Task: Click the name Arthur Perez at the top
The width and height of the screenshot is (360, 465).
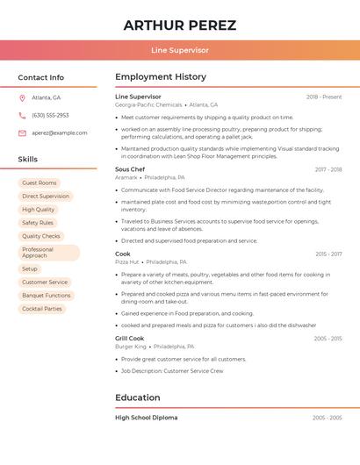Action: [179, 25]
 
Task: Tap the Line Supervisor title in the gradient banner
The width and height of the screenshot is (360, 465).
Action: [179, 50]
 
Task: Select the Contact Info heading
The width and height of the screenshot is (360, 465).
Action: [41, 77]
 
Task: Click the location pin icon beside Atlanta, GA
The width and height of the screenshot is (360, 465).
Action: [22, 97]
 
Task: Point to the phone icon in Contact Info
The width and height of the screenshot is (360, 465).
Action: [22, 115]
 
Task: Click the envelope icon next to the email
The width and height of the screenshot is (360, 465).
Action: [22, 132]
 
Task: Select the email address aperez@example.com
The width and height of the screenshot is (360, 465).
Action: [60, 132]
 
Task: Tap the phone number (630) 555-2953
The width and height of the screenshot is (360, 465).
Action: [50, 115]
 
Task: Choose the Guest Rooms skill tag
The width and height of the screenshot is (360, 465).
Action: [40, 183]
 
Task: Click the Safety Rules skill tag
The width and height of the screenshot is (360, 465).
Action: [38, 223]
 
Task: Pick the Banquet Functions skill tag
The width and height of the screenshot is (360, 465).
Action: [47, 296]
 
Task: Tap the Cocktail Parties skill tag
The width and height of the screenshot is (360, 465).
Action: [42, 309]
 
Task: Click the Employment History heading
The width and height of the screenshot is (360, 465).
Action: [161, 77]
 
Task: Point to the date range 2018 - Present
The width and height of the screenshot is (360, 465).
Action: [324, 97]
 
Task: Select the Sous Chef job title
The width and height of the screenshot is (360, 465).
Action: [130, 169]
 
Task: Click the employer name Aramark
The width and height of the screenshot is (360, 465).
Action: [126, 177]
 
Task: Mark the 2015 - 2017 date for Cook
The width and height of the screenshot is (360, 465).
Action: [328, 254]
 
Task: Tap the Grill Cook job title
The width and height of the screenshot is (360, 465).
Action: [130, 338]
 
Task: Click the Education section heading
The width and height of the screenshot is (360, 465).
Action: [138, 397]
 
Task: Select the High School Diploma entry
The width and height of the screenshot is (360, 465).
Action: [146, 418]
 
